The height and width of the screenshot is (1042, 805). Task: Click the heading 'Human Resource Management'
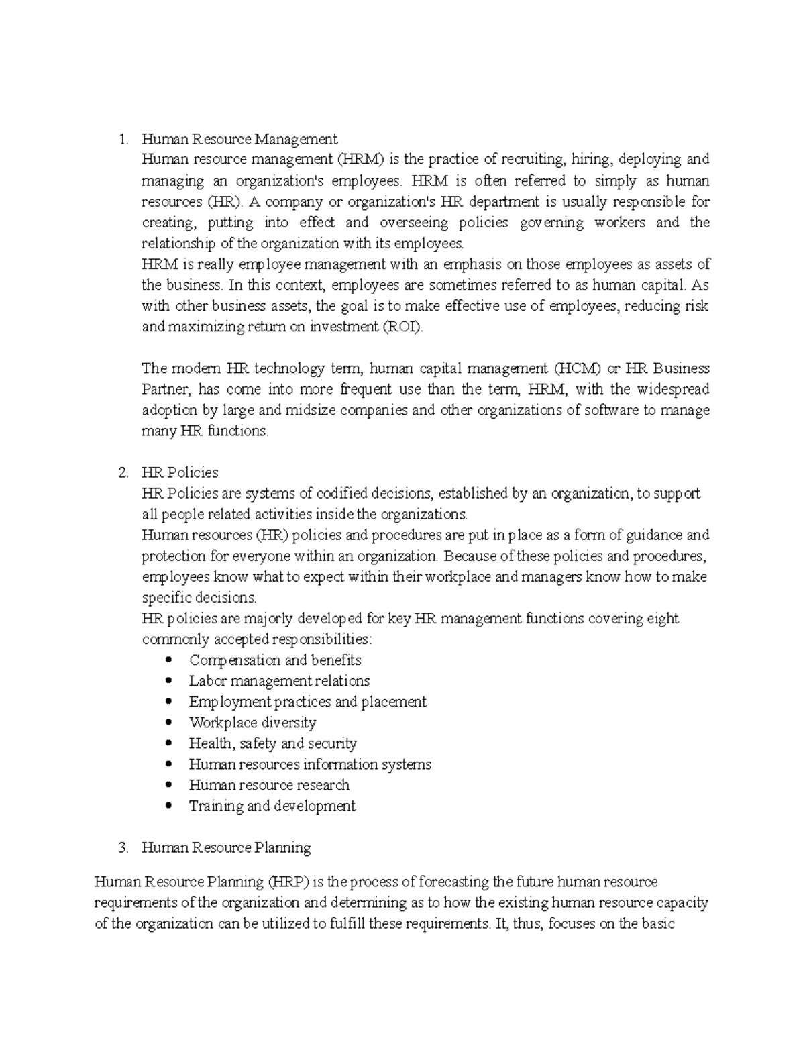pyautogui.click(x=239, y=139)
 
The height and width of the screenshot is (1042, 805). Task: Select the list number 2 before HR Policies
pyautogui.click(x=122, y=472)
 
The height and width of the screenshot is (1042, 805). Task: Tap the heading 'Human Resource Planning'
pyautogui.click(x=226, y=847)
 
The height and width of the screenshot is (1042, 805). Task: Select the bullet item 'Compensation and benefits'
pyautogui.click(x=275, y=660)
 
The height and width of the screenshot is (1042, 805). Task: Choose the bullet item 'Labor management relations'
pyautogui.click(x=279, y=680)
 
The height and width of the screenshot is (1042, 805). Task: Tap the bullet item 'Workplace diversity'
pyautogui.click(x=252, y=723)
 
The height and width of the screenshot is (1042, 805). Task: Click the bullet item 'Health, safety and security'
pyautogui.click(x=272, y=743)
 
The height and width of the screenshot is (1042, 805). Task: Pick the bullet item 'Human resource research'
pyautogui.click(x=269, y=785)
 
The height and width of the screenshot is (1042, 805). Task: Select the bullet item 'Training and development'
pyautogui.click(x=272, y=806)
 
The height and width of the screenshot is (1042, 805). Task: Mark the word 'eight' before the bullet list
pyautogui.click(x=662, y=618)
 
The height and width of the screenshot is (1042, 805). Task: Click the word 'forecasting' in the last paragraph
pyautogui.click(x=453, y=882)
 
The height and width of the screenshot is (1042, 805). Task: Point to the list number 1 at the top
pyautogui.click(x=122, y=139)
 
